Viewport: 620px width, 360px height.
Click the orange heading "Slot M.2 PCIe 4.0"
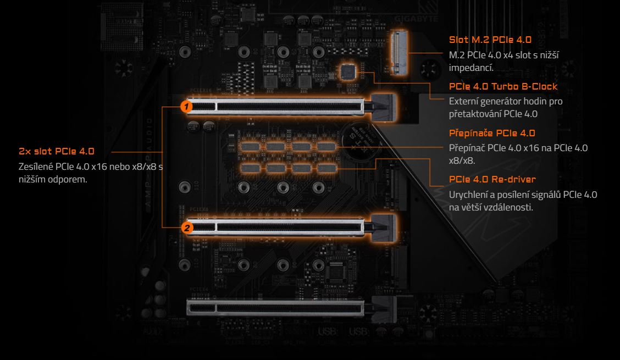point(490,40)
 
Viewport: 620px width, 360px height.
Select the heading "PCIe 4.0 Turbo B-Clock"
point(503,87)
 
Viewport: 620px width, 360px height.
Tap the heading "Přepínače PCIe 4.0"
point(492,133)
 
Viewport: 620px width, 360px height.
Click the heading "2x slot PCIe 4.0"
point(57,151)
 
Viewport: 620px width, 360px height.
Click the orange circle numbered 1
point(187,106)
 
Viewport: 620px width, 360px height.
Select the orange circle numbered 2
point(187,226)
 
